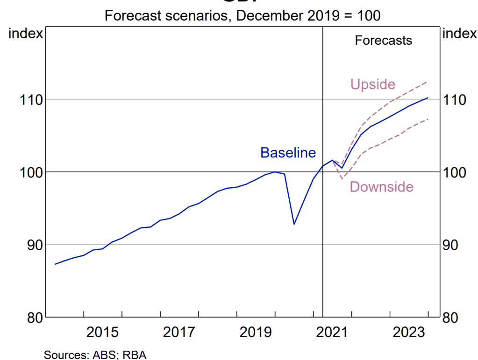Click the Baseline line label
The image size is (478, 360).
point(288,153)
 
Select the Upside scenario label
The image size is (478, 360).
point(372,85)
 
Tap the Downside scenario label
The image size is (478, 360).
point(381,187)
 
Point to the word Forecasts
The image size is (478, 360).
point(383,40)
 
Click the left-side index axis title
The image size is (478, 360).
point(26,34)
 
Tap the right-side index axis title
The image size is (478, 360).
point(459,34)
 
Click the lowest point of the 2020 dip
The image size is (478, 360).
point(294,224)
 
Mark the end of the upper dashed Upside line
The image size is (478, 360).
point(427,82)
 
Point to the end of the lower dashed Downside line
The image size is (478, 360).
point(428,119)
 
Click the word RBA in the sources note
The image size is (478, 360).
point(138,354)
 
